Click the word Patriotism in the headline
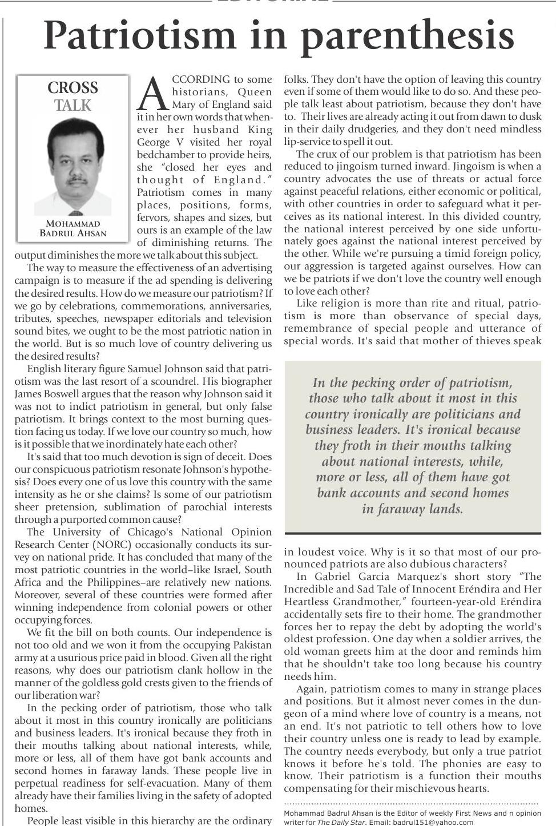pyautogui.click(x=139, y=35)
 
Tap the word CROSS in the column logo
pyautogui.click(x=72, y=88)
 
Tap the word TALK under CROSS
pyautogui.click(x=72, y=106)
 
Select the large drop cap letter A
pyautogui.click(x=153, y=93)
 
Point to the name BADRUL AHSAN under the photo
pyautogui.click(x=73, y=233)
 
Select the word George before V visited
pyautogui.click(x=154, y=142)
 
